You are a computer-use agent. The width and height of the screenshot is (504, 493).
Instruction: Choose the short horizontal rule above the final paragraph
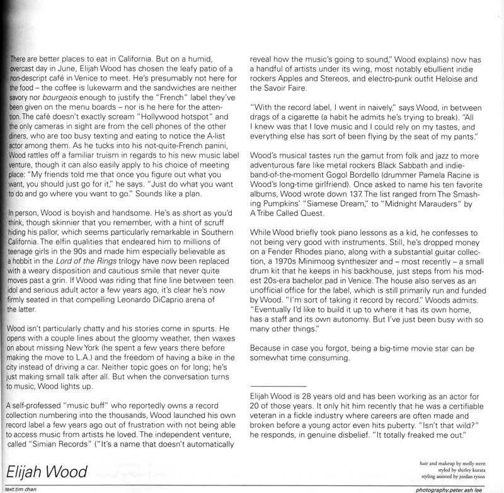coord(278,386)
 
